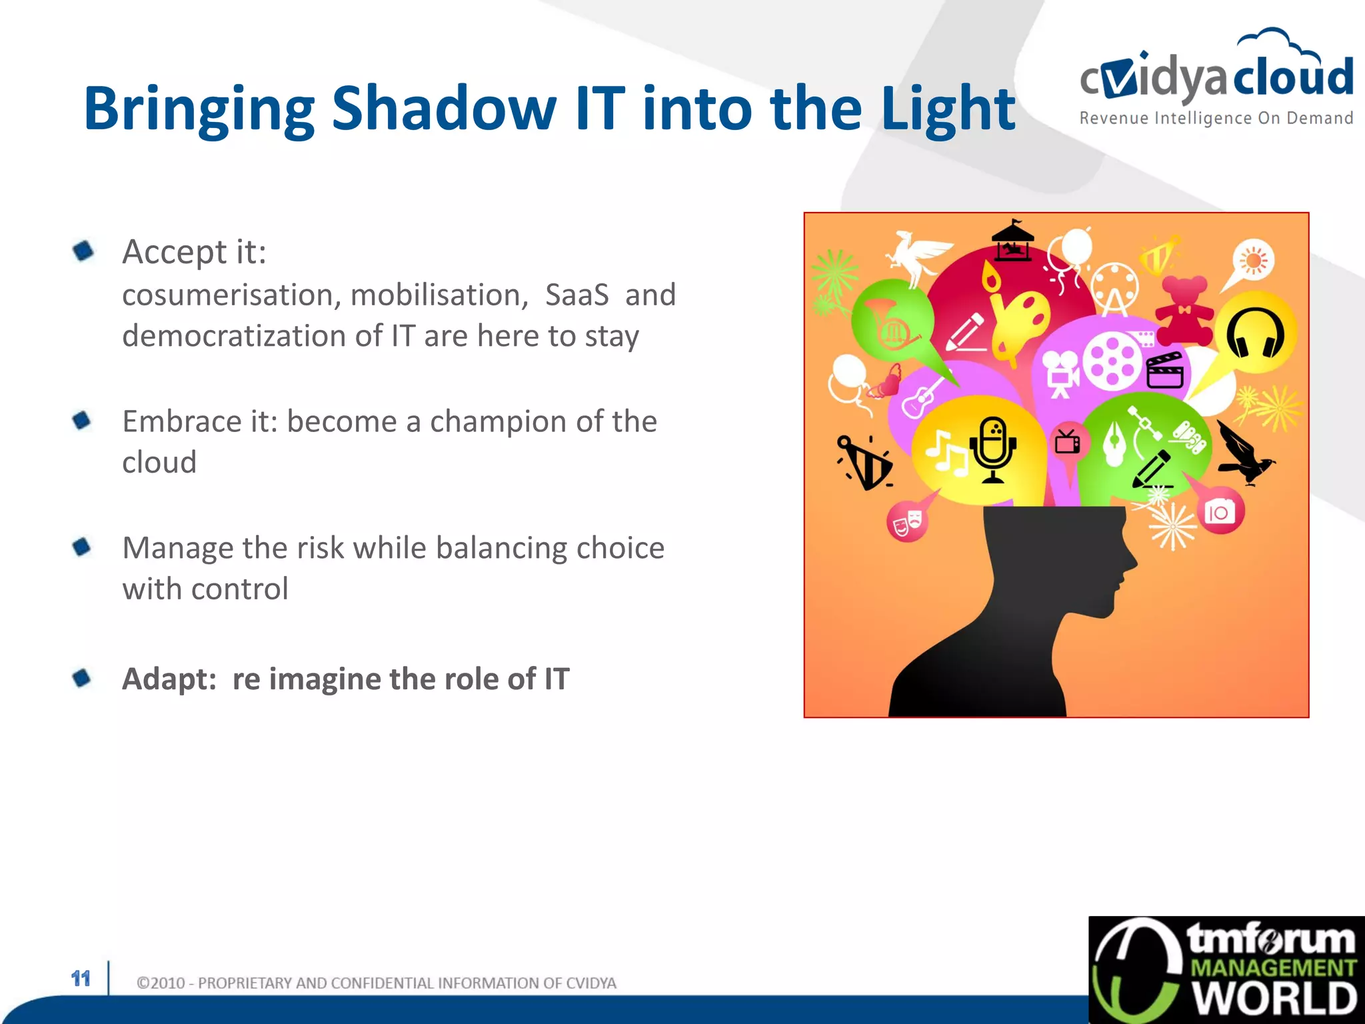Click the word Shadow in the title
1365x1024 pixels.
click(443, 108)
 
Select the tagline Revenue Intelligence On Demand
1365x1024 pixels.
click(1216, 119)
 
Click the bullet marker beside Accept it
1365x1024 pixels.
click(83, 251)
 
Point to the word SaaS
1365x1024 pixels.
click(577, 295)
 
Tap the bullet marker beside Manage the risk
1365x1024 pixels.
click(82, 547)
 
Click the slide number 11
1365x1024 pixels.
click(81, 979)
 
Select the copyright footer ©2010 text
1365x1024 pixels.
click(376, 983)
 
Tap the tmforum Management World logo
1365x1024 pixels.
click(1226, 970)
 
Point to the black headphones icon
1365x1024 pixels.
click(1256, 333)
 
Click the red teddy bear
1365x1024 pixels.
click(1184, 309)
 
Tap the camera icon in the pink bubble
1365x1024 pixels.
click(1219, 512)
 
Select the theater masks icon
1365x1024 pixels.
click(907, 521)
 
